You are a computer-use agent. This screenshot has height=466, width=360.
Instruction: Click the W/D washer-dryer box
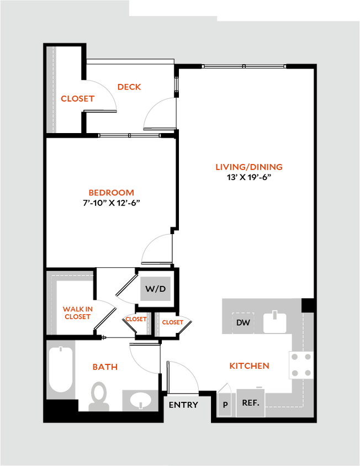pos(155,289)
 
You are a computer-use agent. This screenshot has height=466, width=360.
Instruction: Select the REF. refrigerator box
pos(251,403)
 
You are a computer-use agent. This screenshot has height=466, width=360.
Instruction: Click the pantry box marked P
pos(225,405)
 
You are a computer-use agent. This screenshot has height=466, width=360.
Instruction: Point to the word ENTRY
pos(183,405)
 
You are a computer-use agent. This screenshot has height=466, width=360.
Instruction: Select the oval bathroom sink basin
pos(139,399)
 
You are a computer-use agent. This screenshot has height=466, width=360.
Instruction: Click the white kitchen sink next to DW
pos(274,322)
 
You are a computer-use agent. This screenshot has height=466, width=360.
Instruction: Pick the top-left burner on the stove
pos(294,357)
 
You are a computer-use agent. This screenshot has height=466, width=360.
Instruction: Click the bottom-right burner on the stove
pos(307,373)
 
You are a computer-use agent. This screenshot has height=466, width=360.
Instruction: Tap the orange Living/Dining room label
pos(249,167)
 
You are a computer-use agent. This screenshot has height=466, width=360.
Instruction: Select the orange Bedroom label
pos(112,193)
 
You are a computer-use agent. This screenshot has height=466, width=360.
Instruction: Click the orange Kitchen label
pos(249,366)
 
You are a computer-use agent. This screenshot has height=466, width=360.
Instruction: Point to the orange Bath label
pos(105,367)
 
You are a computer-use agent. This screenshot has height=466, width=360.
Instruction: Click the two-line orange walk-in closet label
pos(77,313)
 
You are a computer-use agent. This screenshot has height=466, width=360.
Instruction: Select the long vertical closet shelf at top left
pos(52,89)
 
